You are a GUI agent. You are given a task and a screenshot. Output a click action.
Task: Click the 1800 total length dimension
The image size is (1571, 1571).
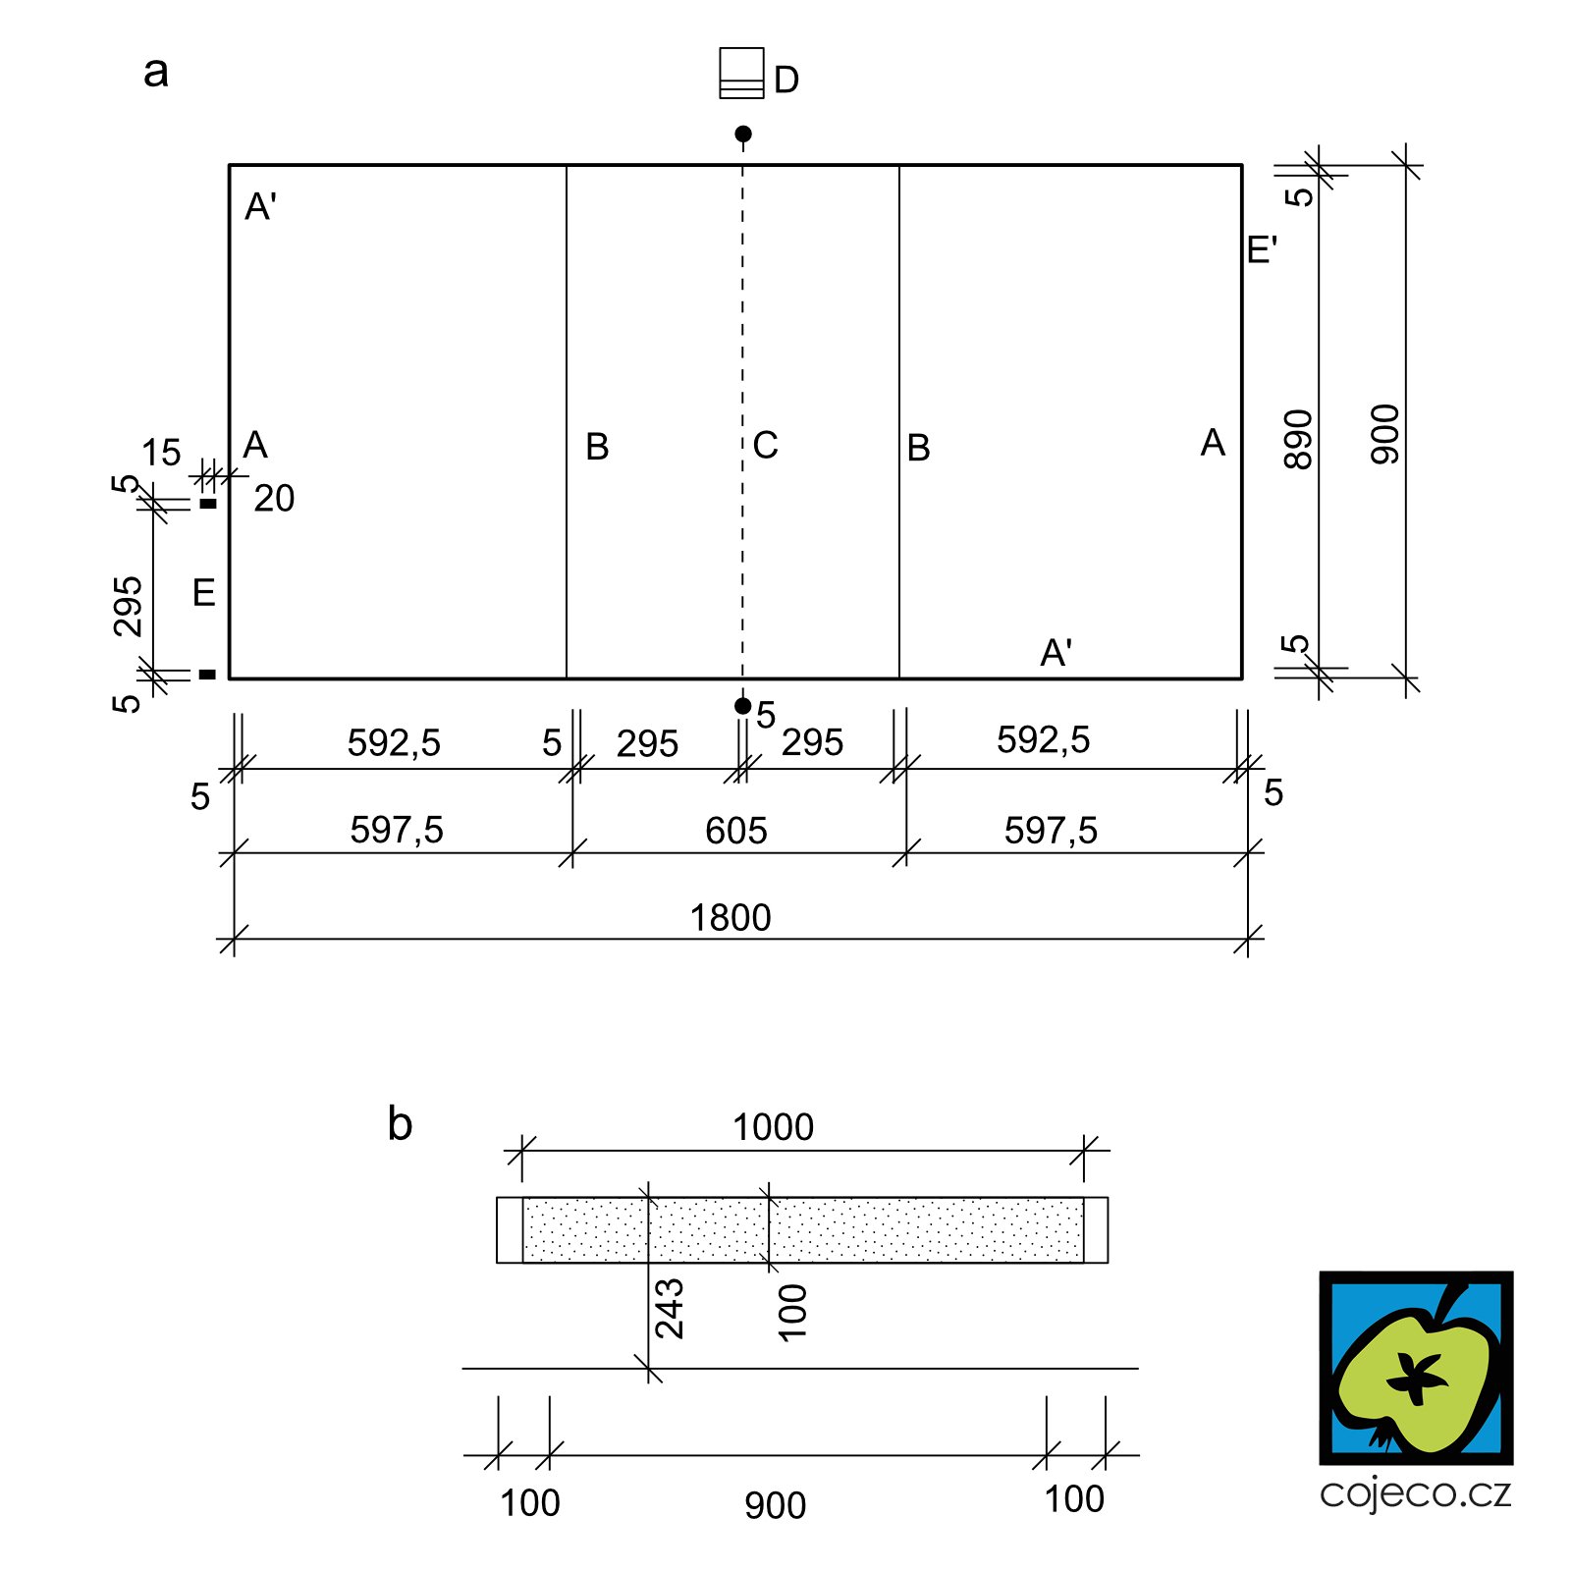pos(730,918)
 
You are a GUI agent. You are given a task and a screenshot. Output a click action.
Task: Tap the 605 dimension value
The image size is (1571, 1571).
pos(735,831)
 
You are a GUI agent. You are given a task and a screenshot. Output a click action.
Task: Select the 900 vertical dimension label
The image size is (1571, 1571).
pos(1385,434)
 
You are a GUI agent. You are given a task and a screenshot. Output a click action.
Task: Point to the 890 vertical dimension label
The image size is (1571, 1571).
pos(1298,440)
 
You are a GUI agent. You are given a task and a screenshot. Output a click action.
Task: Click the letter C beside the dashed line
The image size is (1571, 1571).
pos(766,446)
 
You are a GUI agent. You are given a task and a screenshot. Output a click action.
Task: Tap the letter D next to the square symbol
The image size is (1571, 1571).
pos(786,81)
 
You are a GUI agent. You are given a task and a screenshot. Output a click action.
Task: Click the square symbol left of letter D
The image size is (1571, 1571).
pos(741,73)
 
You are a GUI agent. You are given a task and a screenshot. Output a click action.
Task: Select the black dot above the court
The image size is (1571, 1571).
pos(743,134)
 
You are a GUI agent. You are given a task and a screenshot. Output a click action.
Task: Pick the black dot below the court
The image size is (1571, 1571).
pos(743,706)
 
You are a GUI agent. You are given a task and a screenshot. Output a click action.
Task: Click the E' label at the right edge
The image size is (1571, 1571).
pos(1262,250)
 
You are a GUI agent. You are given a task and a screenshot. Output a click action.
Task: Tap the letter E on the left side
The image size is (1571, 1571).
pos(204,593)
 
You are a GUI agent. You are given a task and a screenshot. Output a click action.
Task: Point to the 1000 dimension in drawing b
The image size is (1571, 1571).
pos(773,1127)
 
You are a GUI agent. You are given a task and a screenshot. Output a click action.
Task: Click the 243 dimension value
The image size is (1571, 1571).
pos(670,1309)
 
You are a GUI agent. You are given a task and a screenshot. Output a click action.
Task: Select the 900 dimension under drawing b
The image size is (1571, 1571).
pos(775,1505)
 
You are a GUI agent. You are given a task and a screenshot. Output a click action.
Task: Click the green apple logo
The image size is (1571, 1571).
pos(1416,1368)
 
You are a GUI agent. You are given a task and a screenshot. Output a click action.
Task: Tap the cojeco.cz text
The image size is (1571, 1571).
pos(1416,1493)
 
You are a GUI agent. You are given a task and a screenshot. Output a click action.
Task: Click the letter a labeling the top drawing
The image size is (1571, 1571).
pos(156,72)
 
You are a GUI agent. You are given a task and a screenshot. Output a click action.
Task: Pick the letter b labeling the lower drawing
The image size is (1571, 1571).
pos(400,1123)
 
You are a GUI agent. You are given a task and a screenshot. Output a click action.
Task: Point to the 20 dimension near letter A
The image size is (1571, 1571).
pos(274,499)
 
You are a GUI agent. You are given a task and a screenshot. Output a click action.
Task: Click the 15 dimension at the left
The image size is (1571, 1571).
pos(161,453)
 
